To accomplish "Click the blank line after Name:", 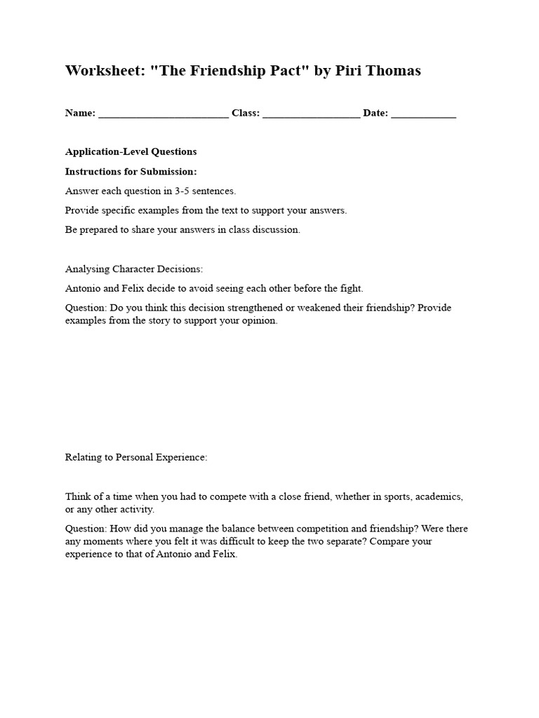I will (x=164, y=114).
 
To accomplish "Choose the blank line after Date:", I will (x=423, y=114).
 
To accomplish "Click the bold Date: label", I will (x=375, y=114).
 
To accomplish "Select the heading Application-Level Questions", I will (x=131, y=151).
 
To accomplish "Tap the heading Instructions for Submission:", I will (x=131, y=171).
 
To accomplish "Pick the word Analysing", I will (x=86, y=269).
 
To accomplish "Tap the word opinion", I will (x=260, y=320).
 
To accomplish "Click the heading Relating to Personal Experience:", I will (x=136, y=457).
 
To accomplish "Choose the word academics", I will (x=439, y=496).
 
